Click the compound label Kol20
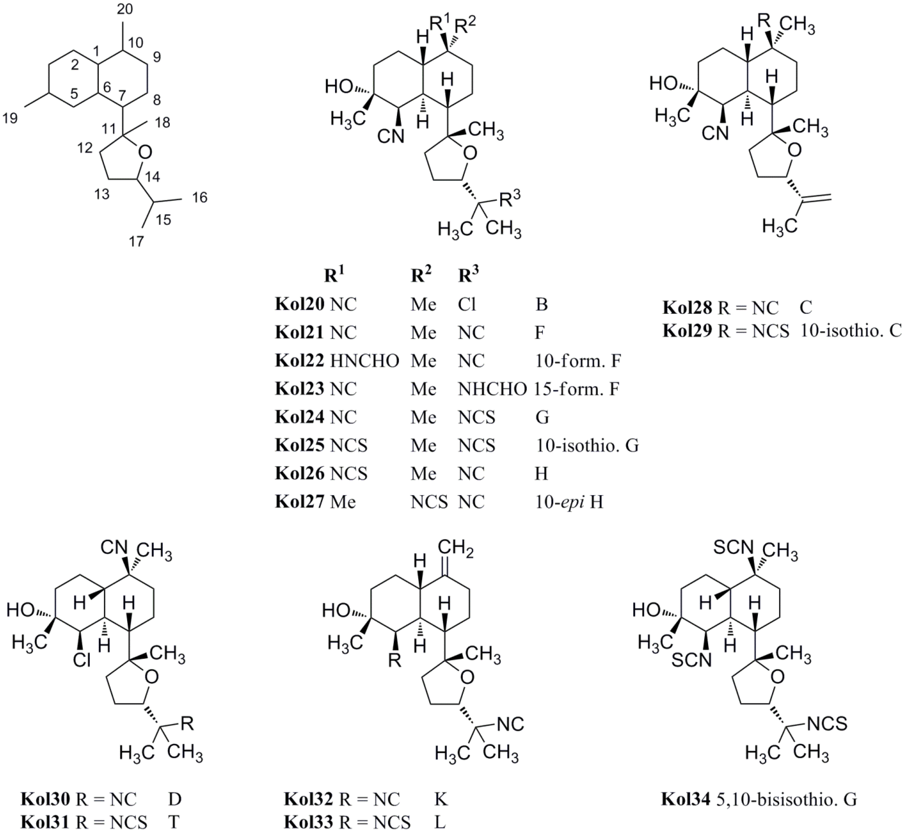300,305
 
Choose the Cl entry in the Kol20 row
467,305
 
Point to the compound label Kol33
308,822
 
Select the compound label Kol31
45,822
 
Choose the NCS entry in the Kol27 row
429,502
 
